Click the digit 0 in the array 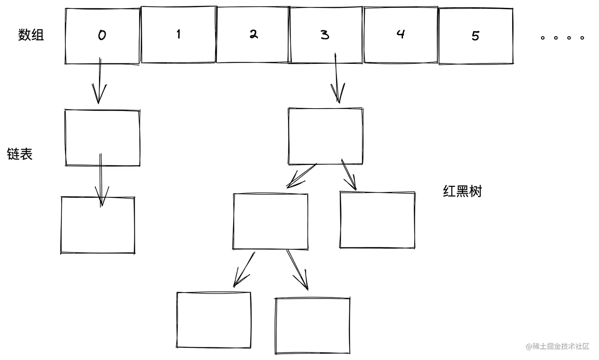[102, 35]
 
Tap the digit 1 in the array [179, 34]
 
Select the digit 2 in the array [254, 34]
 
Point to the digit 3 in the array [325, 35]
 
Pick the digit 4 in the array [401, 34]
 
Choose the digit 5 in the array [475, 36]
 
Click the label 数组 [31, 35]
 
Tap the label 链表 [20, 154]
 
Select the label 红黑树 [462, 191]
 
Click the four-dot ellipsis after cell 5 [562, 38]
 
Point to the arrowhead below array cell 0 [99, 95]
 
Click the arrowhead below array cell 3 [338, 95]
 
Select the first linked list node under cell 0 [102, 138]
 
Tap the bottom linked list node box [98, 225]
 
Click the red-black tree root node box [325, 136]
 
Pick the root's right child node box [377, 220]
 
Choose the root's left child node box [271, 221]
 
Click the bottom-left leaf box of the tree [214, 320]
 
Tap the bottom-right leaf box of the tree [313, 326]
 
